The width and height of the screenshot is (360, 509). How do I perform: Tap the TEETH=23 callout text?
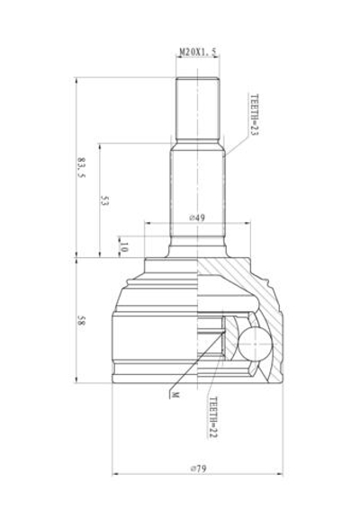coord(253,116)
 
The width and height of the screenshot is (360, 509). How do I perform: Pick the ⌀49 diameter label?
coord(198,219)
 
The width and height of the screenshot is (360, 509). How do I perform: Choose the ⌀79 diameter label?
coord(197,468)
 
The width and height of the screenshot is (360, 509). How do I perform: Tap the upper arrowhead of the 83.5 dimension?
coord(78,81)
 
